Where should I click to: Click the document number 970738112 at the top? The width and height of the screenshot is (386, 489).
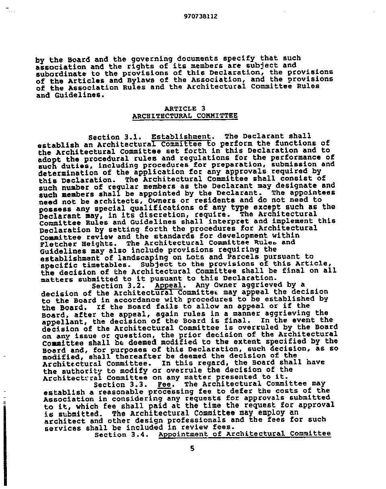[x=201, y=16]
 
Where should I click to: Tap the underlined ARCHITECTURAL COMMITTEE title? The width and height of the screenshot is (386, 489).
[x=185, y=116]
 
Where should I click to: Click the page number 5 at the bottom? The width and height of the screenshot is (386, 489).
[x=192, y=448]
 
